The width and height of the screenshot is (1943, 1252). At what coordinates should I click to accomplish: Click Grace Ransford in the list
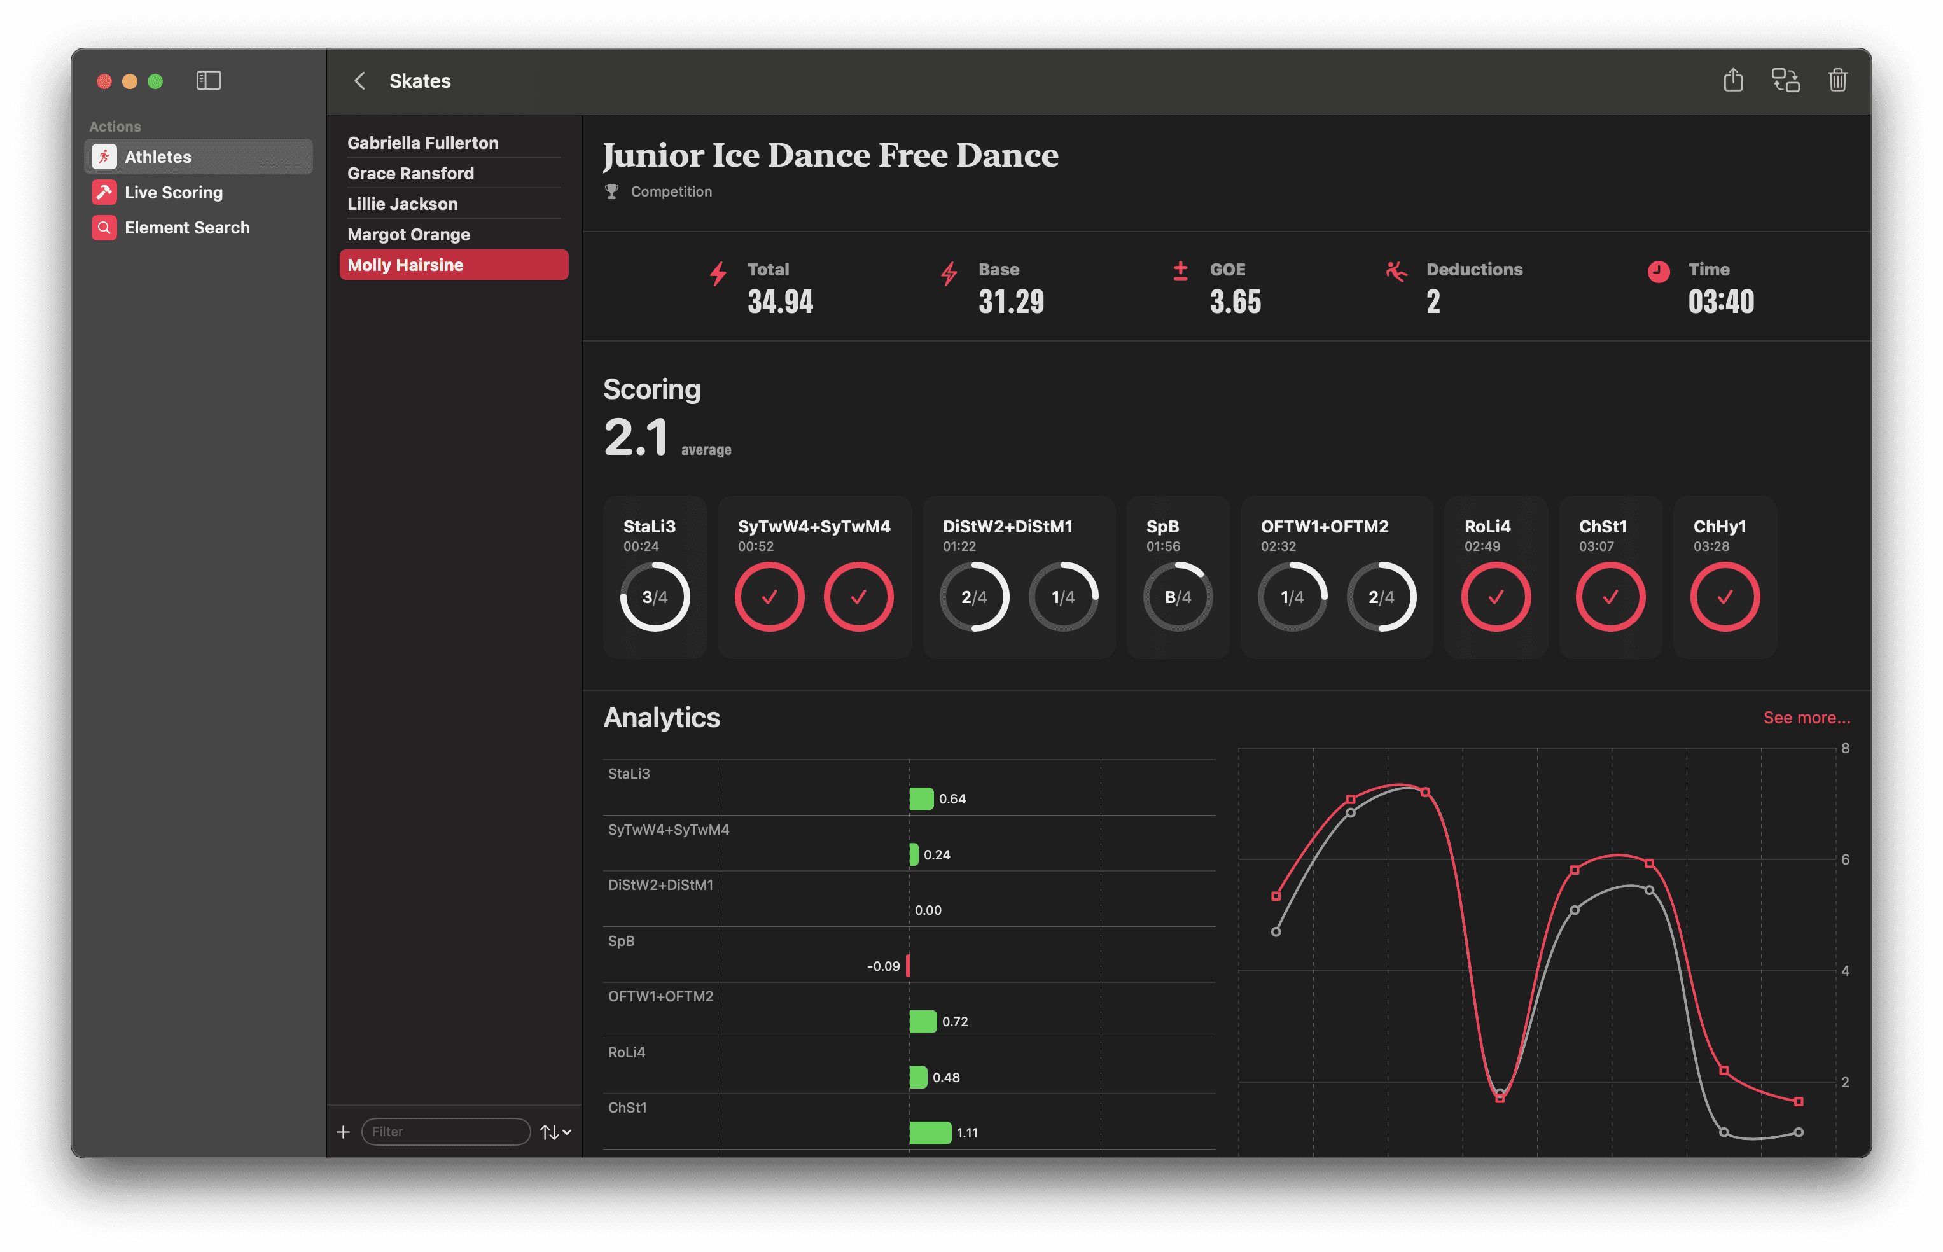pos(410,173)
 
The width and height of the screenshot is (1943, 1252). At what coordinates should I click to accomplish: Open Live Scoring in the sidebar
pos(173,193)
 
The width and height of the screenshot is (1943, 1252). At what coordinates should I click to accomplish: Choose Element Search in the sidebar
pos(187,228)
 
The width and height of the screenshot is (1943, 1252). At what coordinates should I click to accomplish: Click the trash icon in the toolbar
pos(1837,81)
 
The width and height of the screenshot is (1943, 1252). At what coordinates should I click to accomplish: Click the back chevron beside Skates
pos(359,81)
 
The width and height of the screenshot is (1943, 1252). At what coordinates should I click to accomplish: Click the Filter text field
pos(445,1131)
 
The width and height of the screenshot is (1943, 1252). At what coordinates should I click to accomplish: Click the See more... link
pos(1806,718)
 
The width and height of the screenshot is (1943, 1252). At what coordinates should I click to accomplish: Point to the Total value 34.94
pos(779,302)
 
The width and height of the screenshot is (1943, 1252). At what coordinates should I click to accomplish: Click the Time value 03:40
pos(1720,302)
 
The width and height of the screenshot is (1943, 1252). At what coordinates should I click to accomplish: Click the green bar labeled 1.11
pos(930,1132)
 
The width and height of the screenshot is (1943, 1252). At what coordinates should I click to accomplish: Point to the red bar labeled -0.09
pos(907,966)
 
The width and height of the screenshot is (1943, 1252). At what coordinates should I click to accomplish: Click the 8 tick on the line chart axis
pos(1846,748)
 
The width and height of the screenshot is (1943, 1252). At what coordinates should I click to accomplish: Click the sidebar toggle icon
pos(209,81)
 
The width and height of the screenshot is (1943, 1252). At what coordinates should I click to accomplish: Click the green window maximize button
pos(155,81)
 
